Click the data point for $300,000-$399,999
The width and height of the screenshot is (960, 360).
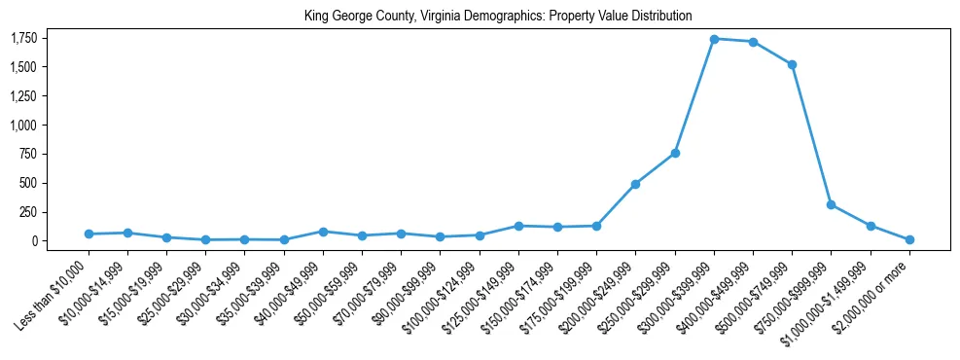point(714,39)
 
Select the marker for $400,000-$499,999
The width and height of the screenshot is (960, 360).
point(753,42)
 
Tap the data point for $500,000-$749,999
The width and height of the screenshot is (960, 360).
point(792,64)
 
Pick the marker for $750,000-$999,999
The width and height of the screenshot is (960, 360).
point(831,204)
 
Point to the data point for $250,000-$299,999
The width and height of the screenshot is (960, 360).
point(675,153)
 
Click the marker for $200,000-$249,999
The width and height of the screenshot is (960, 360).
point(635,184)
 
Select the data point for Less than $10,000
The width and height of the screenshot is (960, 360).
point(89,234)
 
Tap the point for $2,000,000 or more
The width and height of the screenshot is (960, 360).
point(909,239)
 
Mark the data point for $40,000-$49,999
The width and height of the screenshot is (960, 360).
point(323,232)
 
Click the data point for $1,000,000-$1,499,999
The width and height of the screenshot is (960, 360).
point(871,226)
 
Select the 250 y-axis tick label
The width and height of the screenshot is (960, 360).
point(29,212)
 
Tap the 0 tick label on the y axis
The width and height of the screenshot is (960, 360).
point(35,240)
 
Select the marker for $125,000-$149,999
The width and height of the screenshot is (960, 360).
point(518,226)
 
